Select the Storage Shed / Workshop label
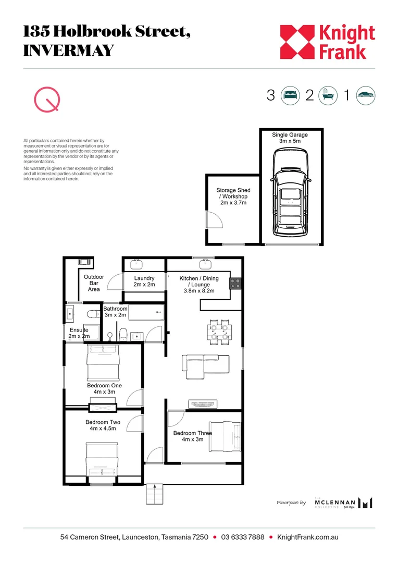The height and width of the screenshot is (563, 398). click(232, 197)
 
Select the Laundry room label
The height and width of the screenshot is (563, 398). click(144, 281)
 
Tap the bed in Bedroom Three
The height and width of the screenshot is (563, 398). click(225, 436)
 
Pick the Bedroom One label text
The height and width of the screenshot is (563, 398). click(104, 388)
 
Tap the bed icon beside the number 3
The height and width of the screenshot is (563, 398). click(291, 95)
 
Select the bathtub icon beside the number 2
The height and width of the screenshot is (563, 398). click(327, 95)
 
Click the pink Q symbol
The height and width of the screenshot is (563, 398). click(46, 99)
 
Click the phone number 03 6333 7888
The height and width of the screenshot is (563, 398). click(243, 537)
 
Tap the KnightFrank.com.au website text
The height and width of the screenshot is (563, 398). click(307, 537)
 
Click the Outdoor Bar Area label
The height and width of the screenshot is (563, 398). click(94, 283)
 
